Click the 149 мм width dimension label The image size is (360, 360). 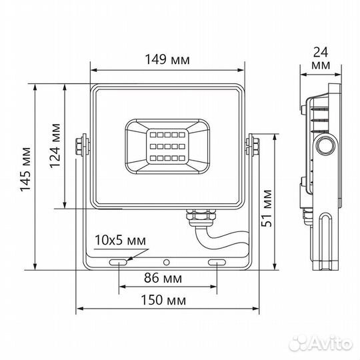[167, 59]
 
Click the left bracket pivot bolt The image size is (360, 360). [81, 146]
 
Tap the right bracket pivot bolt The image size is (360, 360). [253, 146]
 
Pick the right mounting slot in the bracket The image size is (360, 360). [217, 263]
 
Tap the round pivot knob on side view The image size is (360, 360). [327, 145]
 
